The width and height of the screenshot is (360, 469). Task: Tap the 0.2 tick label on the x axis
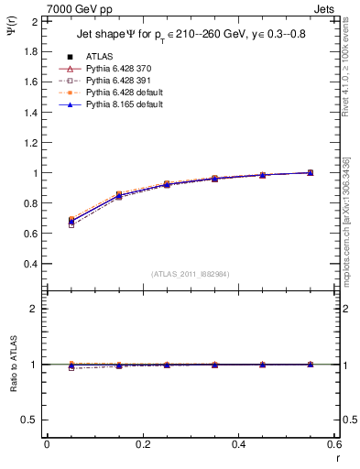point(142,444)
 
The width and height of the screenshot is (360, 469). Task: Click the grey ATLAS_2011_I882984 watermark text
point(189,274)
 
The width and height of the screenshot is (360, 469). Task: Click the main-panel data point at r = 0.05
point(71,221)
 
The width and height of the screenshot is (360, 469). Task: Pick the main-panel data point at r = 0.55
point(311,172)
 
